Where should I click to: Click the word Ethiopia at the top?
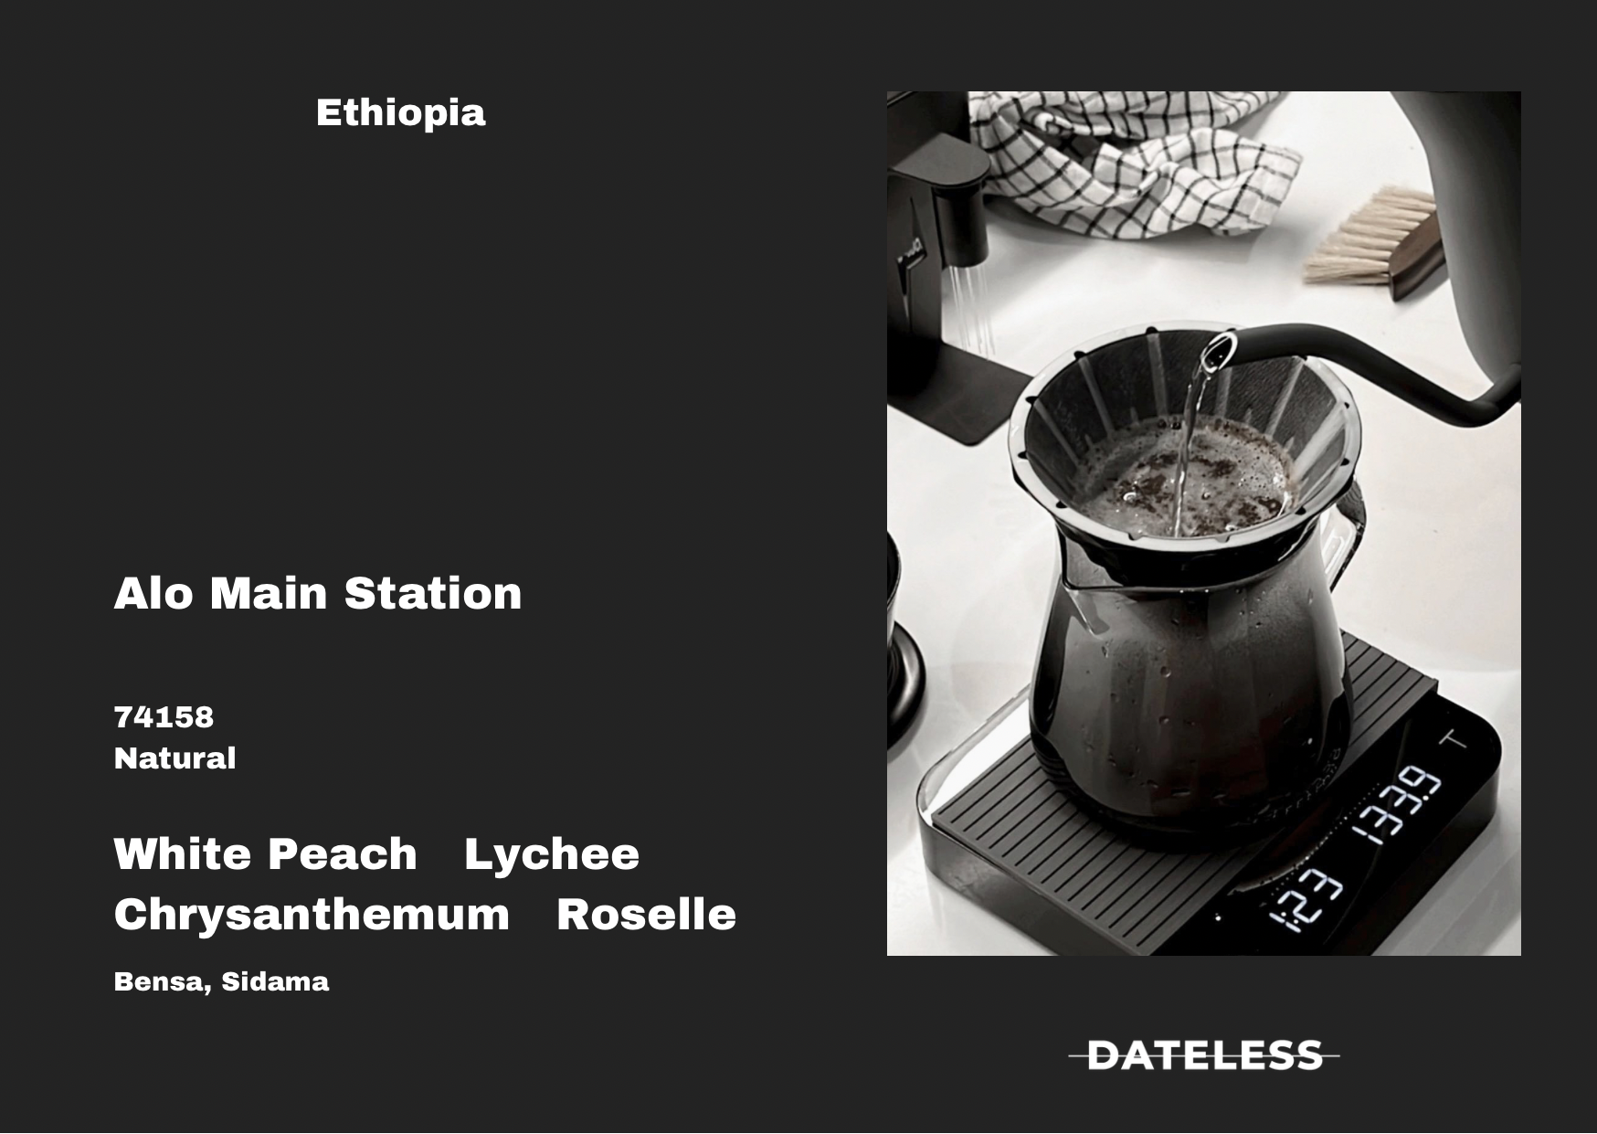400,113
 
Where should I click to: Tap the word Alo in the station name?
153,593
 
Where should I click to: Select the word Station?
433,593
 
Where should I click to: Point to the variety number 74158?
164,717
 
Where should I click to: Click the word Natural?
175,758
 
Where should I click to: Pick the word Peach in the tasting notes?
342,854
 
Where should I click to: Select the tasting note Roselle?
646,915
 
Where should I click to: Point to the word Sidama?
275,981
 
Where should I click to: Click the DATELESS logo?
1204,1055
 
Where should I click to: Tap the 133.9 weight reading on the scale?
1395,805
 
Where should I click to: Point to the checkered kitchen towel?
1133,164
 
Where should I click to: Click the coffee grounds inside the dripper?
1188,476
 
